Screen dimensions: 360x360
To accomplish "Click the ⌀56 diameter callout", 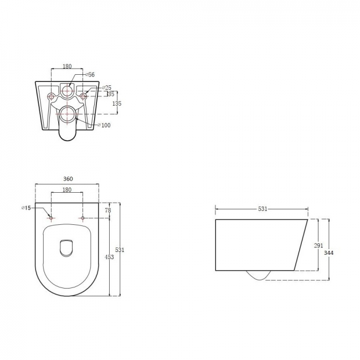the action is (x=90, y=74).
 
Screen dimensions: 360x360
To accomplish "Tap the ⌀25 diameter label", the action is (x=106, y=88).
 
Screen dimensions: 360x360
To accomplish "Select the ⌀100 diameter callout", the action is (x=104, y=125).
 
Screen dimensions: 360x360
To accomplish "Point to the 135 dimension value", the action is (x=117, y=104).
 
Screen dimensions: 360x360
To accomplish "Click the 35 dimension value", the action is (x=111, y=94).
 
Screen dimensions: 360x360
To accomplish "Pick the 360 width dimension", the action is (x=68, y=179).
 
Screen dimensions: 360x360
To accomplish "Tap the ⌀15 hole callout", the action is (x=26, y=208).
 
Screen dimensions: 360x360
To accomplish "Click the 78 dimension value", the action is (x=108, y=210).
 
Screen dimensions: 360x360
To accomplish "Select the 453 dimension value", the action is (x=109, y=257).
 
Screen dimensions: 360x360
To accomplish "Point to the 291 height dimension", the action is (x=318, y=245).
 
